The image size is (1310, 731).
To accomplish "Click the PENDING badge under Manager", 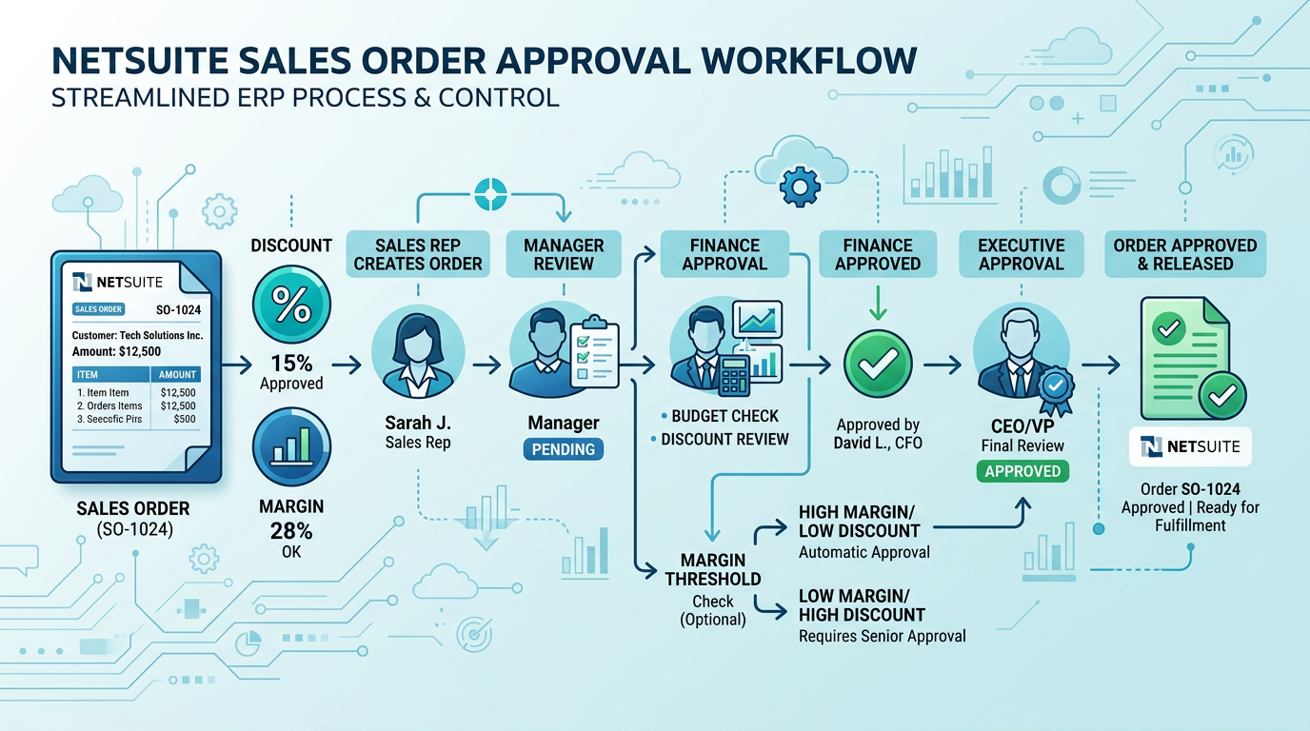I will (x=564, y=449).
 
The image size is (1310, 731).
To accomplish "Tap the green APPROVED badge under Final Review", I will (x=1022, y=471).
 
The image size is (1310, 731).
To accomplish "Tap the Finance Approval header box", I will (x=724, y=254).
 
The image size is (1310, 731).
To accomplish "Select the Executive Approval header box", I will (x=1022, y=254).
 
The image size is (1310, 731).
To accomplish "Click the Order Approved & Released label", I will (x=1185, y=254).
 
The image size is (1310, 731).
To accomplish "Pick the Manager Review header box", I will (x=564, y=254).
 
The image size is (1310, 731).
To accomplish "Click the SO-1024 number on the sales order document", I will (x=179, y=309).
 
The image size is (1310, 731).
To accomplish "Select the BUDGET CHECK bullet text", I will (x=725, y=416).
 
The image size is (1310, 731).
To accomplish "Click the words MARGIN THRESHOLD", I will (x=713, y=569).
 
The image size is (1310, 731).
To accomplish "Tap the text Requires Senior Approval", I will (x=882, y=636).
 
